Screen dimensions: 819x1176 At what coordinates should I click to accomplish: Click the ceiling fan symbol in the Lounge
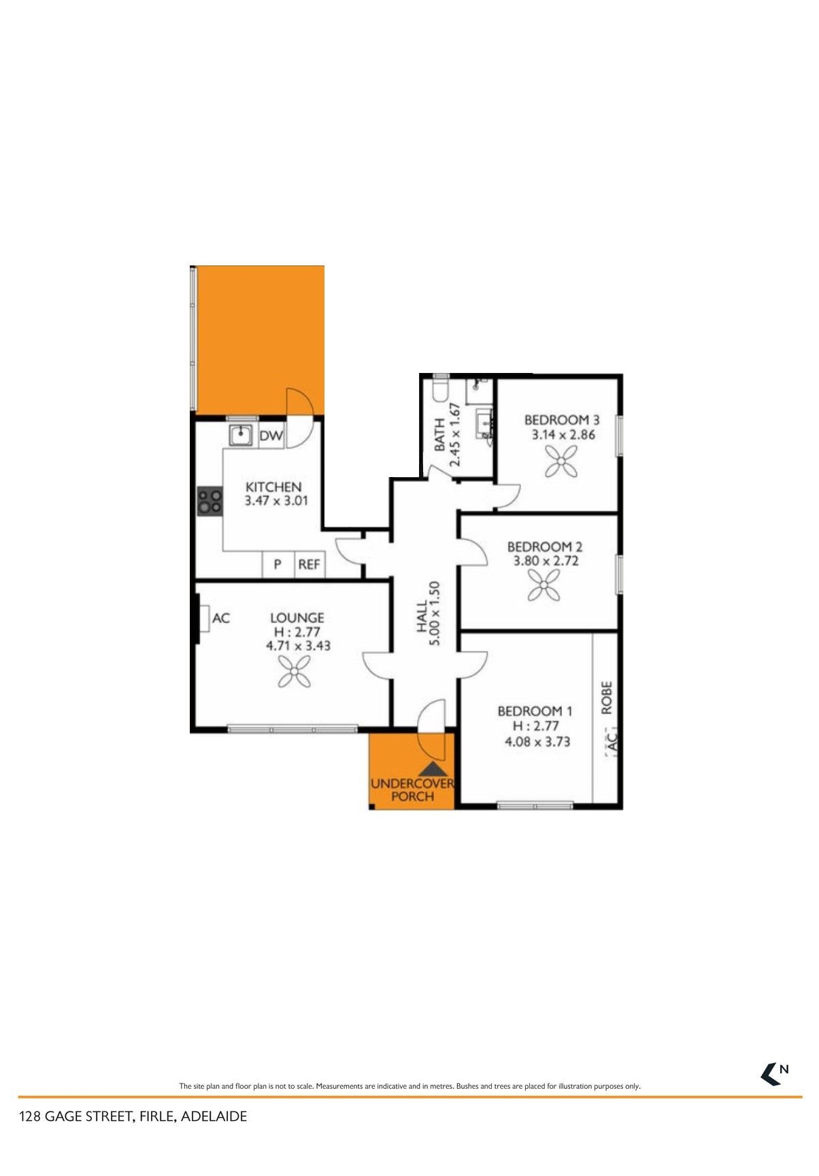(x=295, y=672)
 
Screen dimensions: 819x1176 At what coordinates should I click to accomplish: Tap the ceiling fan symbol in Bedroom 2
(x=544, y=585)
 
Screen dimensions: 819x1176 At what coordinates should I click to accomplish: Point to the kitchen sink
(x=241, y=434)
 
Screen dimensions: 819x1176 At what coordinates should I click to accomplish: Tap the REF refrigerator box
(x=310, y=564)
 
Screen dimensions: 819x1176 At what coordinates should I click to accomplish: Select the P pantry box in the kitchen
(x=278, y=564)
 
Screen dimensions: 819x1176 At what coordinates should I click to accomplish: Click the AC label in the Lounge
(x=221, y=619)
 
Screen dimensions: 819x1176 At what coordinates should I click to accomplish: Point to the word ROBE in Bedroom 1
(x=607, y=698)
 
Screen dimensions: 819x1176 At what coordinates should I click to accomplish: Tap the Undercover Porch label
(x=412, y=790)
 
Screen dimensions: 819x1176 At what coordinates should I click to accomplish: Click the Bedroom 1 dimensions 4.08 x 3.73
(x=537, y=742)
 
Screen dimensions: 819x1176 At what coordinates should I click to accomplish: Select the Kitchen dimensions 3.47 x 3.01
(x=277, y=502)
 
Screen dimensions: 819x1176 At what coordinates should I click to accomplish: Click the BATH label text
(x=439, y=435)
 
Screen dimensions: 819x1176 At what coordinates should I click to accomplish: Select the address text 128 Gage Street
(x=75, y=1117)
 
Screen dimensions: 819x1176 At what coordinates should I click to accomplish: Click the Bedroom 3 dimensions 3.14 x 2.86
(x=563, y=434)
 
